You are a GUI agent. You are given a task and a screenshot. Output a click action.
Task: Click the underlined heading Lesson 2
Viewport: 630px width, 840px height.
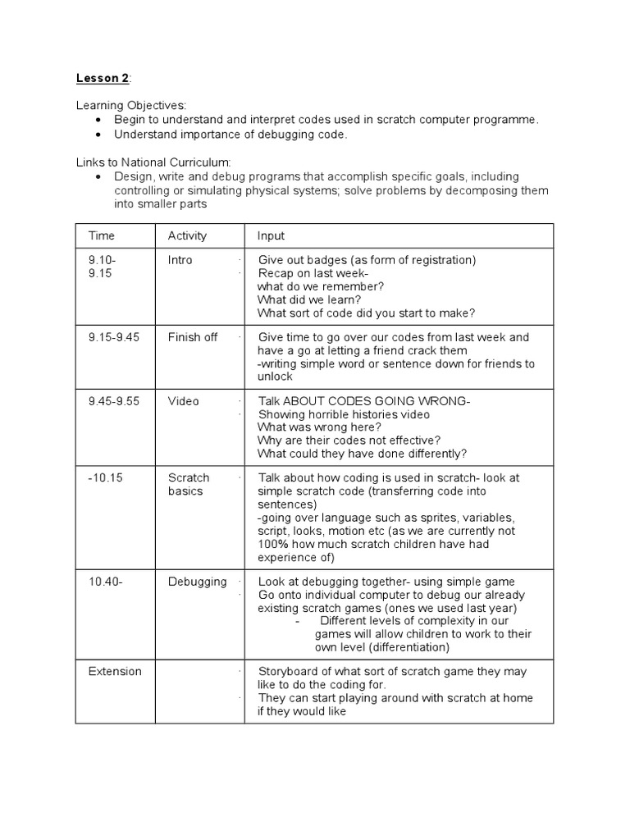click(x=103, y=79)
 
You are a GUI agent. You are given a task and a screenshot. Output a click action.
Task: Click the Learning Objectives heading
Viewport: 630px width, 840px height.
click(x=131, y=106)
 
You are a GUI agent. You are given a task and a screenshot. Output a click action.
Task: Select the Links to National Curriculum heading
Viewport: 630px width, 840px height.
click(x=154, y=162)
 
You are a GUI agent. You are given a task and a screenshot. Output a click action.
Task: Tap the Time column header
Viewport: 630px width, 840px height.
click(x=102, y=236)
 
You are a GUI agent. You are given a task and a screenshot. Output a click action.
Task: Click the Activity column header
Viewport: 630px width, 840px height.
click(x=187, y=236)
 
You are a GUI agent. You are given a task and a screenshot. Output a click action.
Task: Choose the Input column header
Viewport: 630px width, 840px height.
click(x=271, y=236)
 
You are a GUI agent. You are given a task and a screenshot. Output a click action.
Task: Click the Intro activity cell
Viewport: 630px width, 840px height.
click(x=180, y=260)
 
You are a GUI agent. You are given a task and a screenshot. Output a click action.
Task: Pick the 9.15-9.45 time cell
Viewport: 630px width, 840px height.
click(x=115, y=337)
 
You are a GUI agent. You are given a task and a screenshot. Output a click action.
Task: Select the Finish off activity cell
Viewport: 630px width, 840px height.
click(x=193, y=337)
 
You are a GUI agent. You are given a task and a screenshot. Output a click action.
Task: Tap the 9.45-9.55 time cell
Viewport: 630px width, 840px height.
click(x=115, y=401)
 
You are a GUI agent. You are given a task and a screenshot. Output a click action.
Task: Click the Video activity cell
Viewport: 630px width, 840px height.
click(x=184, y=401)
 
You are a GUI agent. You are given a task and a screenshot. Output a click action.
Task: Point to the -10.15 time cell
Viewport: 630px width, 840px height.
click(x=105, y=477)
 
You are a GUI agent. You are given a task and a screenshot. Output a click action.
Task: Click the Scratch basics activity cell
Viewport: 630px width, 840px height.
click(x=189, y=484)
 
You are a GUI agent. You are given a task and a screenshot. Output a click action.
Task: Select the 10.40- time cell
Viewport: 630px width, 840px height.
click(x=106, y=582)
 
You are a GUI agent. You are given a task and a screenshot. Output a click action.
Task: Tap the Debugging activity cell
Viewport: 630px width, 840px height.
click(x=197, y=582)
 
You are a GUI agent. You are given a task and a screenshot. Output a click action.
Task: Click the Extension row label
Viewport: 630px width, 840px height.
click(x=115, y=671)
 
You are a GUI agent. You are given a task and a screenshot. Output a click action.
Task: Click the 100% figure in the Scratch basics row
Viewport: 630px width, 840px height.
click(x=272, y=544)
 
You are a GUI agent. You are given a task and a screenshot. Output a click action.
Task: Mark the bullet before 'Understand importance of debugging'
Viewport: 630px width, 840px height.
click(x=98, y=135)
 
